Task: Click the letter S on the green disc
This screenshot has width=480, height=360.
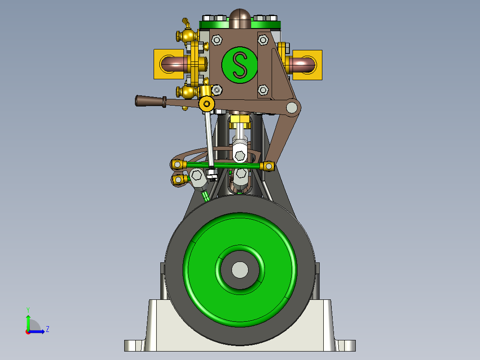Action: coord(240,65)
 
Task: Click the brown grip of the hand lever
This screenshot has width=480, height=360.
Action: coord(149,101)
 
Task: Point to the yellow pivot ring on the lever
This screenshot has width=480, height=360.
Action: coord(206,104)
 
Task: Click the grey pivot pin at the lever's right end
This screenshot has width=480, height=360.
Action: coord(292,107)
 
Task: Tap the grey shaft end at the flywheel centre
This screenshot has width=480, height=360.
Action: coord(240,269)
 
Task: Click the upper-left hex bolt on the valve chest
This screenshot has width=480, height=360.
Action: coord(217,40)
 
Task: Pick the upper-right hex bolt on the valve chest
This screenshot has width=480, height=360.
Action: coord(263,40)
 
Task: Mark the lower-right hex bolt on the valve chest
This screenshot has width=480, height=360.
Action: coord(263,90)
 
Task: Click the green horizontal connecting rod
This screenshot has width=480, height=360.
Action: coord(223,165)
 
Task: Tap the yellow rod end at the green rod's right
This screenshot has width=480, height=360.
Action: coord(268,166)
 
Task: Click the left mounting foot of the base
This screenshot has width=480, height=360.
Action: coord(134,345)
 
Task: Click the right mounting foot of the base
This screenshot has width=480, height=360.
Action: coord(346,345)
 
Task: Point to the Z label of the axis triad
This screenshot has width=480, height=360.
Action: coord(47,329)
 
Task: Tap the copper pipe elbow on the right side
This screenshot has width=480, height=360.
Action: coord(303,65)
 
